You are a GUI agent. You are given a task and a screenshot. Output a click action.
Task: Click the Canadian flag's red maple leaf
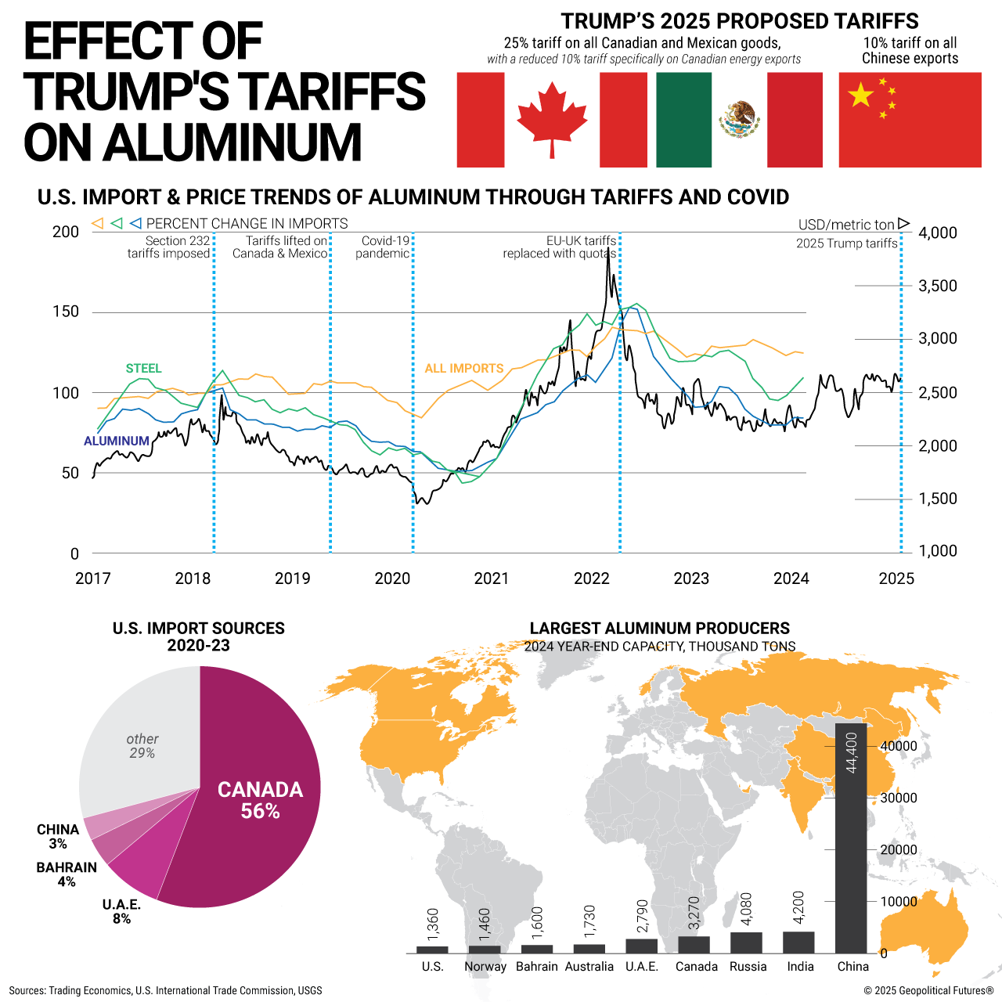tap(552, 119)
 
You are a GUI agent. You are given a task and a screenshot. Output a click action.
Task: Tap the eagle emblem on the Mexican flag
tap(739, 119)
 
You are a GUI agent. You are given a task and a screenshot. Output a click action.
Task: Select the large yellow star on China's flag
tap(860, 96)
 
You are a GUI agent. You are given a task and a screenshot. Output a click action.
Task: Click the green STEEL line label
tap(143, 369)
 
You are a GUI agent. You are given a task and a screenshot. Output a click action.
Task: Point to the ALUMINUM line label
tap(117, 442)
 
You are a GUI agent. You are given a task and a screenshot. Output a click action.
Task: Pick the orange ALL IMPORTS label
tap(464, 369)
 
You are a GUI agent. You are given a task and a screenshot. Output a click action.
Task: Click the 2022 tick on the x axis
tap(592, 578)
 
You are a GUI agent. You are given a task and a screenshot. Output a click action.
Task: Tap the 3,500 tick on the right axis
tap(938, 286)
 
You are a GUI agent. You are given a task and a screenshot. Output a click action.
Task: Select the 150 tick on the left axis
tap(66, 312)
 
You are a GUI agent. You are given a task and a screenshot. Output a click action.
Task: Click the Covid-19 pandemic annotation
tap(384, 247)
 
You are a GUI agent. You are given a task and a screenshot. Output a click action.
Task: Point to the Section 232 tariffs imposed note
tap(169, 247)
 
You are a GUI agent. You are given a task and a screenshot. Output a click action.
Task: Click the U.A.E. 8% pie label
tap(121, 912)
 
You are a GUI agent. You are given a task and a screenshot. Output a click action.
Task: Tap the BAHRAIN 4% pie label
tap(67, 874)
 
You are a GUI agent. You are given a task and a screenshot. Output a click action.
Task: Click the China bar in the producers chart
tap(851, 838)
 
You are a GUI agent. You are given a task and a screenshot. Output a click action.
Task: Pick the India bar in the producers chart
tap(798, 942)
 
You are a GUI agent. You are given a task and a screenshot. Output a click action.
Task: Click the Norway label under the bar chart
tap(485, 967)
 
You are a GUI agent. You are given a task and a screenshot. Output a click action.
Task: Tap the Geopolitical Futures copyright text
tap(928, 990)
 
